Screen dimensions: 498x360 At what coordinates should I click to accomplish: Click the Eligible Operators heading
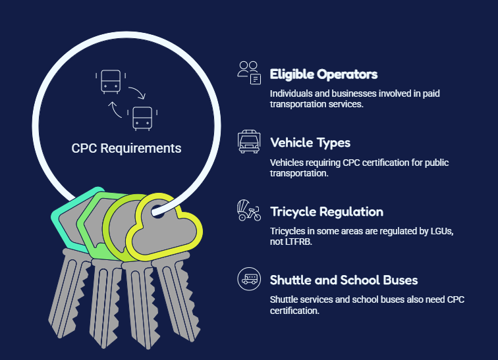[x=323, y=74]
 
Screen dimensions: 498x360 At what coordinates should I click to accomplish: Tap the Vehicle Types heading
[x=310, y=143]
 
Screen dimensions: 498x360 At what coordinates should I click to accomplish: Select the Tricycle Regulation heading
[x=327, y=211]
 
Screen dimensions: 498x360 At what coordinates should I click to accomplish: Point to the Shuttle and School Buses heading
[x=344, y=280]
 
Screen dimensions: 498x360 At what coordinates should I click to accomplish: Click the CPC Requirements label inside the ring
[x=126, y=148]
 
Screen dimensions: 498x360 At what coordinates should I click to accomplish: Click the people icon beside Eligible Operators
[x=249, y=73]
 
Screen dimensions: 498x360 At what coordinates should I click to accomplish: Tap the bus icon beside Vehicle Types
[x=249, y=141]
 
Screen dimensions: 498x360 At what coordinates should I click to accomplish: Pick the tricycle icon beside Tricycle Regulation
[x=249, y=210]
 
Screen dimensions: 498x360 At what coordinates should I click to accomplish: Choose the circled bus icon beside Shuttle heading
[x=249, y=279]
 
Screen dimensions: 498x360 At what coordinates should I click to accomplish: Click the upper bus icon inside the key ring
[x=111, y=82]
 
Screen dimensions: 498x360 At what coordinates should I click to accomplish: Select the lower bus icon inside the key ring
[x=142, y=118]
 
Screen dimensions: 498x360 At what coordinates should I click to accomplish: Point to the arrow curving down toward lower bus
[x=137, y=92]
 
